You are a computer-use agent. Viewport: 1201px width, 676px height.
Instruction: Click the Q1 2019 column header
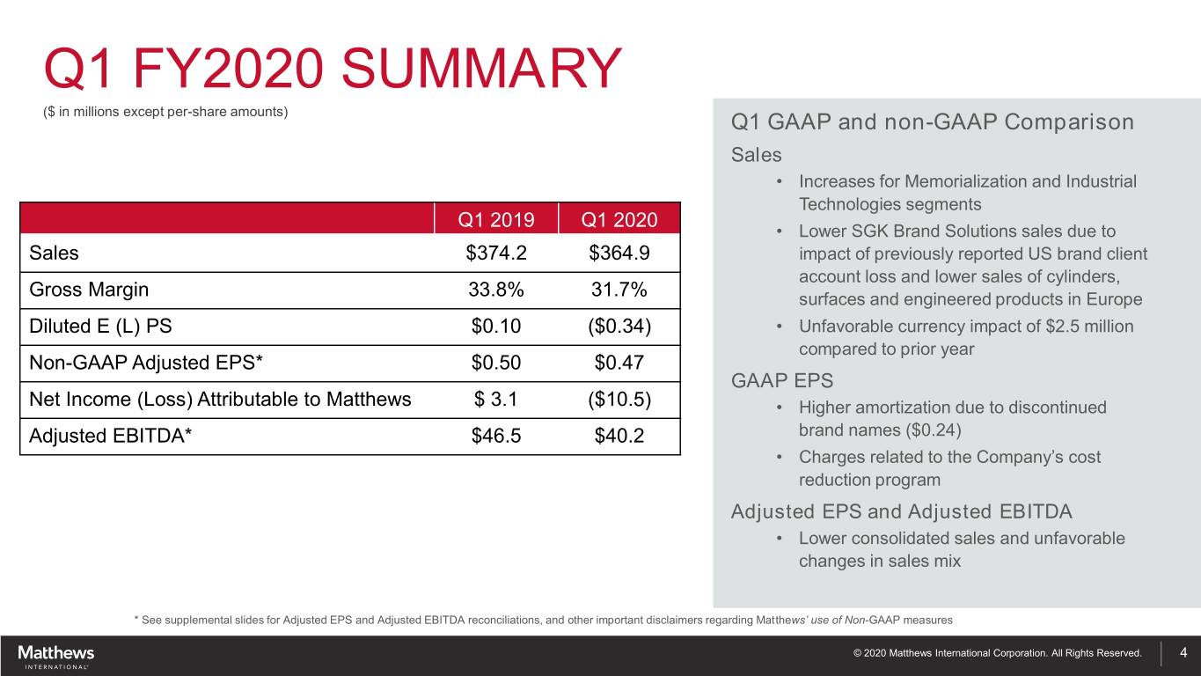pos(496,218)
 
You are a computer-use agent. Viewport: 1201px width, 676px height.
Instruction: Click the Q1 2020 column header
pos(619,218)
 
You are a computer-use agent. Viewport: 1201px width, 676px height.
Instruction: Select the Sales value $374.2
pos(496,253)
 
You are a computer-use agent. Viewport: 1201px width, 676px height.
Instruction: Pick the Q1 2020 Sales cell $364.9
pos(619,253)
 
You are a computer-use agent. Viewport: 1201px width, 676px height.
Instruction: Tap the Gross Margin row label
pos(89,290)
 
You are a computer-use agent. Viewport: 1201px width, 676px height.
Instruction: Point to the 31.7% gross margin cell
pos(619,290)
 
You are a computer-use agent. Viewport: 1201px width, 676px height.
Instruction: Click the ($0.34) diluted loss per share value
pos(619,327)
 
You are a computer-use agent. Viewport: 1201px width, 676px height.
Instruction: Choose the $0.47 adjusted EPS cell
pos(619,363)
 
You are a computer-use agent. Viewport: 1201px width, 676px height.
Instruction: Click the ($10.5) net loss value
pos(619,400)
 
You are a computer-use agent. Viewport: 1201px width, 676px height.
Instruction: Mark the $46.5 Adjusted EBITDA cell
pos(496,437)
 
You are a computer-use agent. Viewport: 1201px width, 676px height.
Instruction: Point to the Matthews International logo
pos(55,656)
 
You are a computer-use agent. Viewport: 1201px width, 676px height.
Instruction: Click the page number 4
pos(1183,653)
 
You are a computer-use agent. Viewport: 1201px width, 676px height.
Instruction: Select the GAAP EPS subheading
pos(782,381)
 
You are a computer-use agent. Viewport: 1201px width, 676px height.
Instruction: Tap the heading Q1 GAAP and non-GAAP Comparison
pos(932,121)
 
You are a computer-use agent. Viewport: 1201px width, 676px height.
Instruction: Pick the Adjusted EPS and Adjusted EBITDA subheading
pos(901,511)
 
